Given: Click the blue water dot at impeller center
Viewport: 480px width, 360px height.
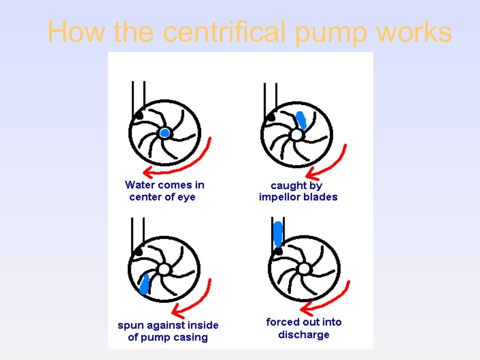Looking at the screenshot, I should (165, 133).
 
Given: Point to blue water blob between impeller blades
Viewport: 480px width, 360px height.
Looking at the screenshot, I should (301, 120).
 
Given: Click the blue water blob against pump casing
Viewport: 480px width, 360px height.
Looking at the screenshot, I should (144, 284).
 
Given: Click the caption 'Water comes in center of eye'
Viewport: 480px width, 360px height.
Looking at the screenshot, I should (164, 191).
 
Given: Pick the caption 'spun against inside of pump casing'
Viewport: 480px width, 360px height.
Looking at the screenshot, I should (168, 331).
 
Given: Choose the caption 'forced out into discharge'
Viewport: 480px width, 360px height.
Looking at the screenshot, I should (304, 328).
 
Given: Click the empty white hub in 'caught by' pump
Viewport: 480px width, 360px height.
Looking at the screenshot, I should (296, 135).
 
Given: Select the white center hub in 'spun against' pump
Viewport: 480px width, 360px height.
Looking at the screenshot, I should (163, 270).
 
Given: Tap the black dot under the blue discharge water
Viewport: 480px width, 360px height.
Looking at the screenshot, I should (278, 252).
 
